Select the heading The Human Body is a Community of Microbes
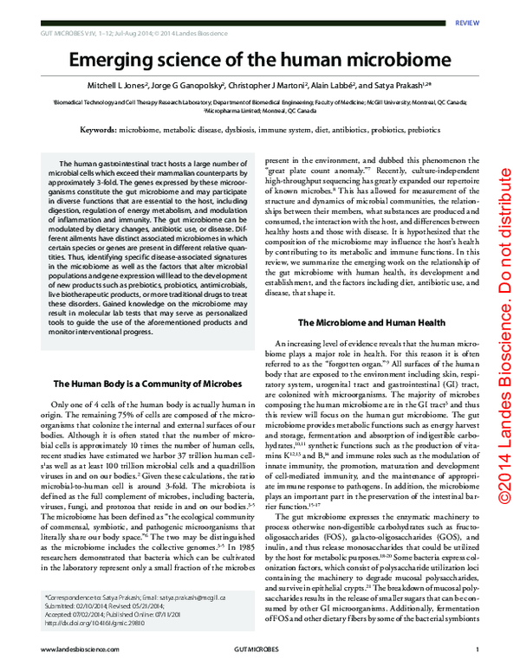(x=146, y=383)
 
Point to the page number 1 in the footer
(x=466, y=649)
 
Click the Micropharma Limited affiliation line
(x=260, y=111)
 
